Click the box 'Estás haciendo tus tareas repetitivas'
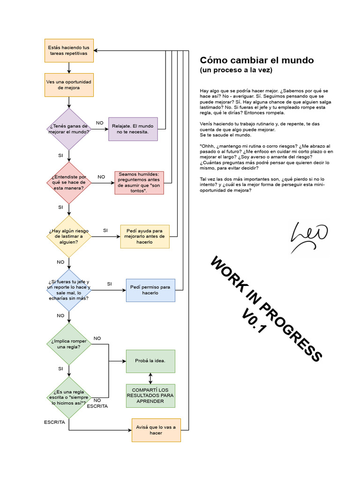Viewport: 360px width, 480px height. (x=68, y=51)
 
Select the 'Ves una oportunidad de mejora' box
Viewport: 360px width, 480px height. (x=68, y=85)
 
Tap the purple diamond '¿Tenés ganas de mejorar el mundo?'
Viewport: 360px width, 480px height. (x=69, y=129)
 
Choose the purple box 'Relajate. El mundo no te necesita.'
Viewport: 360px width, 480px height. (x=133, y=129)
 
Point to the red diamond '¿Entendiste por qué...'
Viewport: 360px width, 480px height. (x=69, y=183)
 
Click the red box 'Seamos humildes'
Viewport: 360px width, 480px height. (x=139, y=183)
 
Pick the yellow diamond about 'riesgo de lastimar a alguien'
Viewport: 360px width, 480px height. (x=69, y=236)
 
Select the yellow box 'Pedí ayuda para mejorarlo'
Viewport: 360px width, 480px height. (x=145, y=236)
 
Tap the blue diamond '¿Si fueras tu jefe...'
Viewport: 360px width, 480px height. (x=69, y=290)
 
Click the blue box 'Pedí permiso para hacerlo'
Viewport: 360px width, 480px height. (x=150, y=290)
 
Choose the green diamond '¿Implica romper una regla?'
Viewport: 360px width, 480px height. (x=69, y=344)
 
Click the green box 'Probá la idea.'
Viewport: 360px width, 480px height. (x=150, y=361)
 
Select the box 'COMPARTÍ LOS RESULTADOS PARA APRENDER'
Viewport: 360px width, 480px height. (x=150, y=396)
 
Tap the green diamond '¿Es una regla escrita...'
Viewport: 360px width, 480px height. (x=69, y=397)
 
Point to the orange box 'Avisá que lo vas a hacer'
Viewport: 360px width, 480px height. (x=156, y=430)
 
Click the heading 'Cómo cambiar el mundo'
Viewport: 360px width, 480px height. (x=257, y=60)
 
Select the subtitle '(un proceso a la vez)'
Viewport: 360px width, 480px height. (x=236, y=70)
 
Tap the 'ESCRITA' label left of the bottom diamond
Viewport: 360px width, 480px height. (x=54, y=422)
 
